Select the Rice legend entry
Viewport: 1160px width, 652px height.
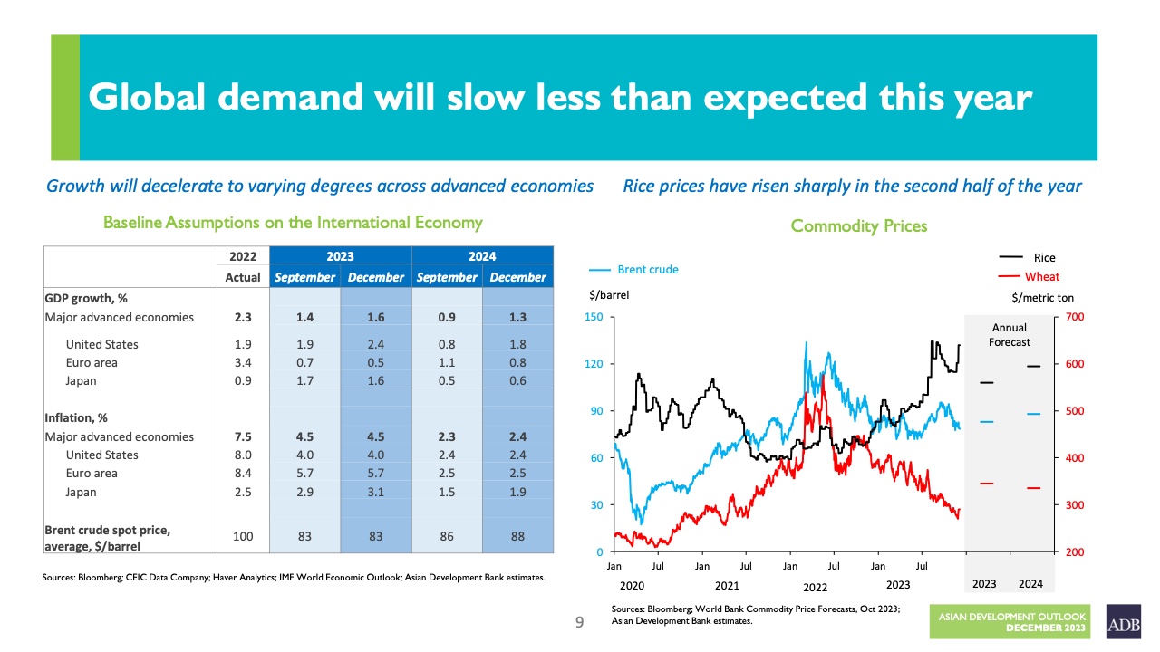point(1044,258)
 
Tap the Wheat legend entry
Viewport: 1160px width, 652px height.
point(1041,277)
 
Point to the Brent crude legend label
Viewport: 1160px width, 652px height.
point(647,270)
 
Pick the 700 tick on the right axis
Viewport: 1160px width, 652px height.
point(1076,317)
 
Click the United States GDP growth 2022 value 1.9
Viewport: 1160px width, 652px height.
point(242,344)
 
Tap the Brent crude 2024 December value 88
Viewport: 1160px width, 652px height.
point(517,536)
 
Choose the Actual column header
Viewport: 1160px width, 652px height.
point(242,277)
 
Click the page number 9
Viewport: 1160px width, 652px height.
point(580,623)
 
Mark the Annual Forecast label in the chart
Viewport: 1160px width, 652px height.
point(1009,335)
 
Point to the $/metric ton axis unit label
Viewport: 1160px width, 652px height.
point(1042,297)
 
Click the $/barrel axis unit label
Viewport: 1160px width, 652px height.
point(608,295)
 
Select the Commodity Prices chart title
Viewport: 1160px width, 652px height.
point(858,225)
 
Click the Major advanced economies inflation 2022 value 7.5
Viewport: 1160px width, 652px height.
point(242,436)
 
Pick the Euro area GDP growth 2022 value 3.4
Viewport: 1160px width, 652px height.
point(242,363)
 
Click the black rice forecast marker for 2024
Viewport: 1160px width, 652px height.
point(1033,366)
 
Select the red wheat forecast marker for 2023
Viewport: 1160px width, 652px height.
point(987,484)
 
